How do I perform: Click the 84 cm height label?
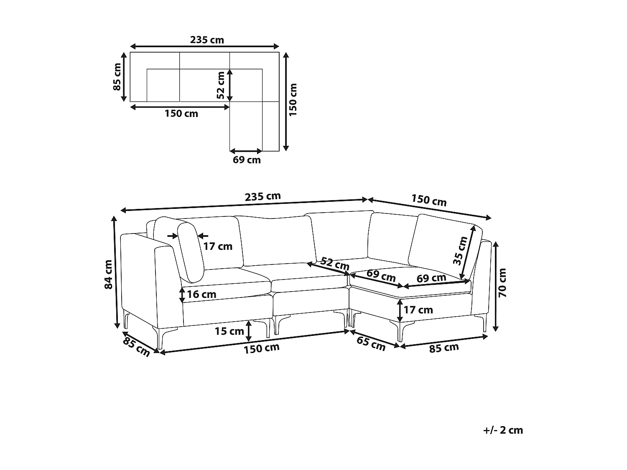click(108, 274)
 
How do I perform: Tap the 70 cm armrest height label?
click(503, 283)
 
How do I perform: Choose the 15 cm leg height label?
click(229, 331)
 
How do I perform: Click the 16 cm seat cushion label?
click(201, 294)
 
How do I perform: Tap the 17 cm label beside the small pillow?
click(218, 246)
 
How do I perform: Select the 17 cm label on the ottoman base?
click(418, 310)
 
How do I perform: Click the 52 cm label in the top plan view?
click(221, 85)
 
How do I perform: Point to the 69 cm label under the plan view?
click(247, 160)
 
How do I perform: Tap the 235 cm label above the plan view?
click(207, 40)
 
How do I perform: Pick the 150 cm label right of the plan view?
click(293, 100)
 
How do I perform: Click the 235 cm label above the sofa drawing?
click(263, 196)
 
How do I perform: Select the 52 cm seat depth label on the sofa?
click(335, 264)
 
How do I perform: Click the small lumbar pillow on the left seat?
click(190, 252)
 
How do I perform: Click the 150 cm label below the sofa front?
click(262, 348)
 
